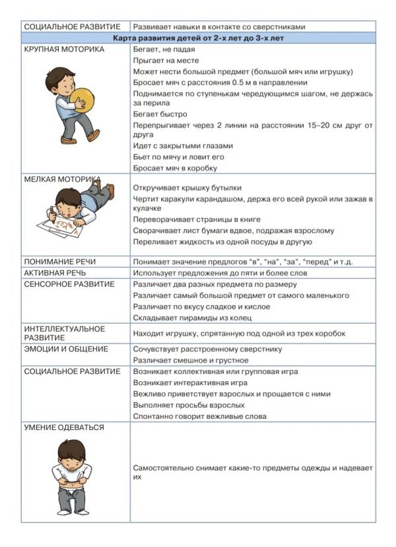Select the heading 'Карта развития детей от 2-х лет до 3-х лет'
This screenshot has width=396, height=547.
click(198, 38)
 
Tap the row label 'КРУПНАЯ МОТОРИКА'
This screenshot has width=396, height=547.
click(64, 50)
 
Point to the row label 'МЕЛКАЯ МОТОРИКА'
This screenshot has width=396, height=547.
click(63, 179)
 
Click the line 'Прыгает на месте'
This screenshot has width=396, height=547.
click(166, 60)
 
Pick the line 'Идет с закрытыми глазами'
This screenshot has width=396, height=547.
click(183, 146)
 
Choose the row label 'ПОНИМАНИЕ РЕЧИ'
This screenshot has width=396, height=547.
click(59, 262)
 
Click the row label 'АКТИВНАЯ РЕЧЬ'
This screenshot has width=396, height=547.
click(55, 273)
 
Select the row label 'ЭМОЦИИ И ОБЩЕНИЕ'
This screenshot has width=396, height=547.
click(67, 349)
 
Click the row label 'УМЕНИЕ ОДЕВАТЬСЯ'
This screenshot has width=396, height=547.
click(64, 427)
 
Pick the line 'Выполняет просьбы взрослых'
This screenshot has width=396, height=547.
click(189, 405)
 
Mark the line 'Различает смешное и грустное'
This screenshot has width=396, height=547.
click(191, 360)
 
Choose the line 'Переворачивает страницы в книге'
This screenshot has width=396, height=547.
click(197, 219)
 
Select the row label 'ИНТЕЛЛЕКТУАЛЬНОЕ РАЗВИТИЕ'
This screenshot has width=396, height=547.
click(65, 332)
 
